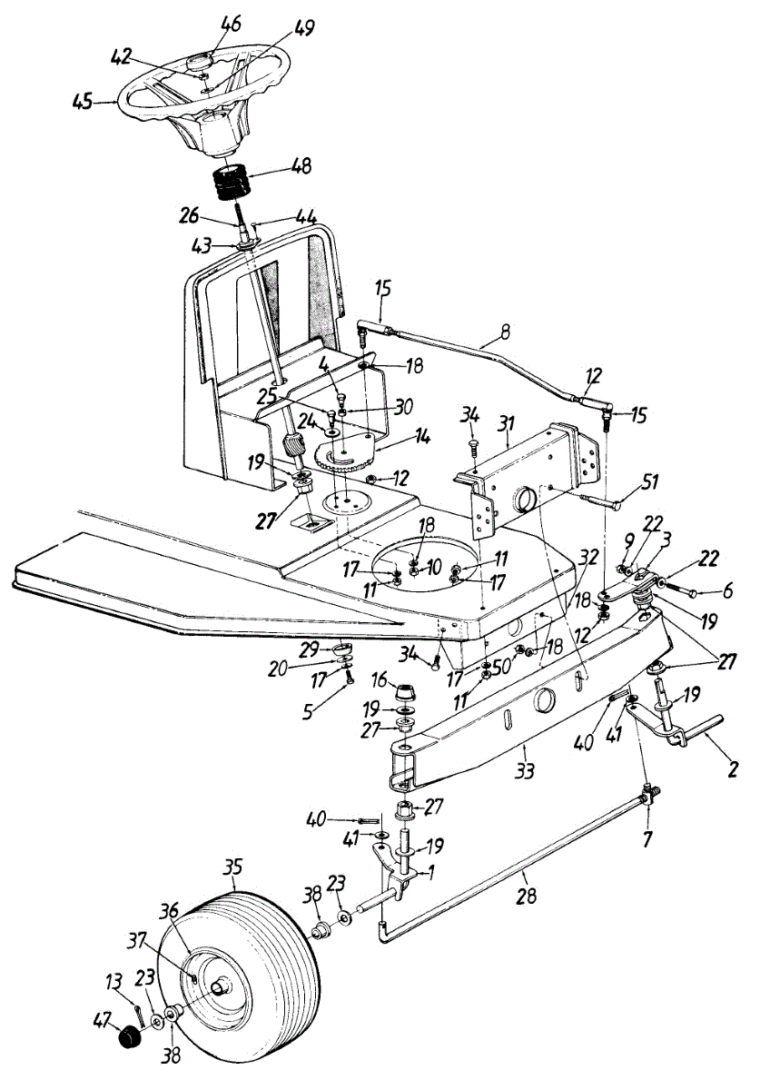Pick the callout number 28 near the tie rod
point(525,896)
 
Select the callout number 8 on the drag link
point(504,333)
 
